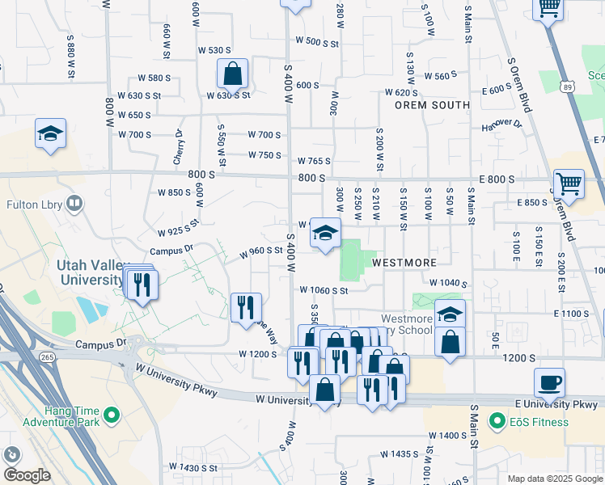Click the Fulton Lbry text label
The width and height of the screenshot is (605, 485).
coord(36,203)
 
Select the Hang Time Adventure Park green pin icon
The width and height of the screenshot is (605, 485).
coord(112,416)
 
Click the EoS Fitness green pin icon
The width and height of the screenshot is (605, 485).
coord(497,420)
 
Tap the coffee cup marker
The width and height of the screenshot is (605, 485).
coord(550,384)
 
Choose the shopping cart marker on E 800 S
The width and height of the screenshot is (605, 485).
coord(569,184)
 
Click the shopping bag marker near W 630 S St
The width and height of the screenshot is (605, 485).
coord(232,74)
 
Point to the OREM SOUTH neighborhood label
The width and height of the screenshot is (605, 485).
coord(432,105)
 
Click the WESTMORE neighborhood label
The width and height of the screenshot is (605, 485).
coord(404,263)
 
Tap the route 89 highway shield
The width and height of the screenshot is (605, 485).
coord(567,86)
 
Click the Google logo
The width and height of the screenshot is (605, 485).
coord(27,475)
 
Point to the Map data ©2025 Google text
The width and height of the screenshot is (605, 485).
coord(555,479)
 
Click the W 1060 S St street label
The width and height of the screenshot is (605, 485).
coord(323,290)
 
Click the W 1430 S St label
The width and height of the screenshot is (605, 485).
coord(187,468)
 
